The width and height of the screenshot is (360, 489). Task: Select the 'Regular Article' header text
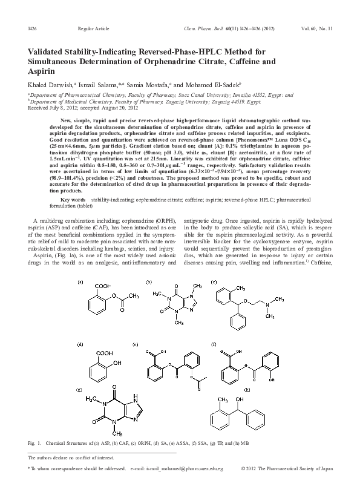coord(92,29)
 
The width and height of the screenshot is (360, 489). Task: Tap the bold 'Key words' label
coord(74,199)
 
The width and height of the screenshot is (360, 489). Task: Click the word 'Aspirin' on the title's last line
coord(40,71)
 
